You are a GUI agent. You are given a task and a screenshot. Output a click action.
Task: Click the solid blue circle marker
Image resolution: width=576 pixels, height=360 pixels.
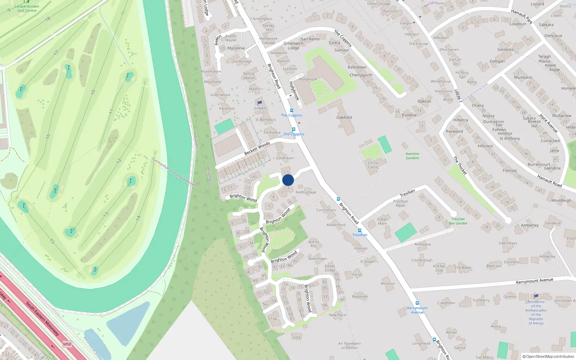pos(288,180)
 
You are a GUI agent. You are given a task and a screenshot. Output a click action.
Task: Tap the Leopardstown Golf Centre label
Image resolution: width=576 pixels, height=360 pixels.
pos(27,8)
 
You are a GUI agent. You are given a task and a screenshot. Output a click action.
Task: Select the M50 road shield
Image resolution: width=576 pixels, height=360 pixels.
pos(67,344)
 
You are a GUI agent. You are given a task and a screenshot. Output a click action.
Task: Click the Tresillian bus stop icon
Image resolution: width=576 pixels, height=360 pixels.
pos(359,230)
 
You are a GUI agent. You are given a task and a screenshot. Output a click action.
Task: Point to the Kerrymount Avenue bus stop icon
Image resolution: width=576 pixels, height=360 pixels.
pos(417,303)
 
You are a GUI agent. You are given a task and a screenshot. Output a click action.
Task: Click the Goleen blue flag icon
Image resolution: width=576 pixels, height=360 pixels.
pos(260,103)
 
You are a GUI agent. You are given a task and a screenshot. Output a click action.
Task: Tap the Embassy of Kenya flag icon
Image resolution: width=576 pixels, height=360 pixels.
pos(536,296)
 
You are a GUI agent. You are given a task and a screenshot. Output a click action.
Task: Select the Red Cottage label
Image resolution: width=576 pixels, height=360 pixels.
pos(306,192)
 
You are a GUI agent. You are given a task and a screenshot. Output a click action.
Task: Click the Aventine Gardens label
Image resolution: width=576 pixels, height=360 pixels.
pos(412,156)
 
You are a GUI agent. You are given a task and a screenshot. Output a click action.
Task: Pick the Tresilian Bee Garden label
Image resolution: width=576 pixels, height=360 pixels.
pos(458,221)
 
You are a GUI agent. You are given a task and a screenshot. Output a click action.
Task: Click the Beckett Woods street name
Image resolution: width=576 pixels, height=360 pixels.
pos(257,148)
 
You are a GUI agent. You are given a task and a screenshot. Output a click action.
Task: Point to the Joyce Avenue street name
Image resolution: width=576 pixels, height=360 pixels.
pos(548,123)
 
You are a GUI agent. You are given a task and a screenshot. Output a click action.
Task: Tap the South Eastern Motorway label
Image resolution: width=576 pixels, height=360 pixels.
pos(42,319)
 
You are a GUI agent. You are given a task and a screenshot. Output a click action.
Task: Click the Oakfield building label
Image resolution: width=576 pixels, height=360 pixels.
pos(344,117)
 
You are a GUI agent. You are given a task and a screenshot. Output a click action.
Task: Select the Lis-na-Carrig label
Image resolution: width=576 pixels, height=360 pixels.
pos(373,165)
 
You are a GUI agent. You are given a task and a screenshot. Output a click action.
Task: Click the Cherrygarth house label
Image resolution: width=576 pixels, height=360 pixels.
pos(361,75)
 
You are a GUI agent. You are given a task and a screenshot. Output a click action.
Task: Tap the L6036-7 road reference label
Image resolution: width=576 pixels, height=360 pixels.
pos(458,96)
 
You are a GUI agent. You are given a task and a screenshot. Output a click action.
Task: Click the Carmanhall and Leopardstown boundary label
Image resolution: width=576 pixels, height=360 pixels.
pos(174,172)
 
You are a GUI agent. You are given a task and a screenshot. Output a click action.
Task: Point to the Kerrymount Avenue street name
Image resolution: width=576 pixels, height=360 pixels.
pos(534,281)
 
